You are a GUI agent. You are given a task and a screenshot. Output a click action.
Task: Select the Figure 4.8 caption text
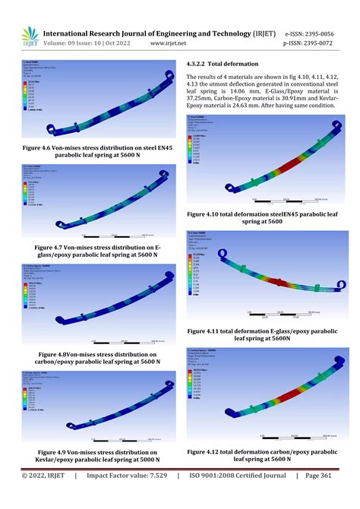click(x=96, y=358)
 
